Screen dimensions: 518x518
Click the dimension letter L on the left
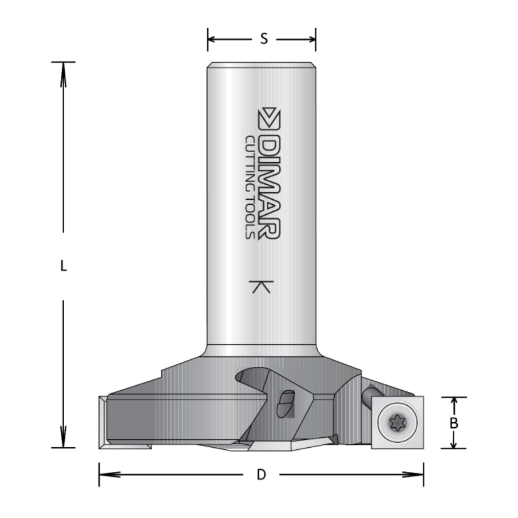[x=64, y=267]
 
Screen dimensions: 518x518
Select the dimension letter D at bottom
[x=261, y=474]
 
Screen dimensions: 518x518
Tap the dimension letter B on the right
[x=454, y=423]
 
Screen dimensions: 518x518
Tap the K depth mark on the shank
[x=261, y=287]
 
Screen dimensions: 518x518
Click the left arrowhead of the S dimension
[x=212, y=39]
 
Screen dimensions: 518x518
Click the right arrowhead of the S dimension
[x=312, y=39]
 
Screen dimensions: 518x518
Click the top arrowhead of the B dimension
[x=454, y=401]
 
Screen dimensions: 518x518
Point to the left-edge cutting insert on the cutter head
[x=103, y=422]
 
